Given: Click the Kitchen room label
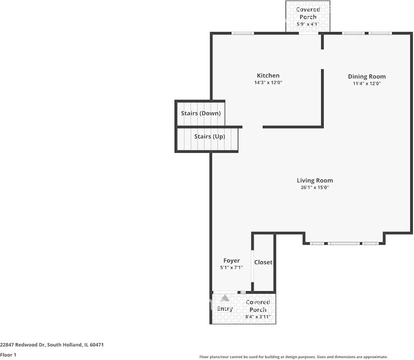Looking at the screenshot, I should (268, 76).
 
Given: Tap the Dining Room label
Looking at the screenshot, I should (367, 77).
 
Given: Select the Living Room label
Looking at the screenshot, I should (315, 181).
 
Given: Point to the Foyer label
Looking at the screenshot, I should (232, 261).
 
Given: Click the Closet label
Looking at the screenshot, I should (263, 262).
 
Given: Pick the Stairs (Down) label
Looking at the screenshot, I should (201, 113).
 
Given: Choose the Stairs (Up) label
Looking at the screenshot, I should (209, 136).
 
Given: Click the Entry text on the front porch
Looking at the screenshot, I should (225, 309).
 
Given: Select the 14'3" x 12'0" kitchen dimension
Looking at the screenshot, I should (268, 83).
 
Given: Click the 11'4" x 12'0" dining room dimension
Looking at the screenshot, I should (367, 83).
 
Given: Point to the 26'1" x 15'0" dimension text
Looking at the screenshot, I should (315, 187).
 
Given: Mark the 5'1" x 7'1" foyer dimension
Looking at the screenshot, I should (232, 268).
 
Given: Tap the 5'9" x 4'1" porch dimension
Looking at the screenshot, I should (308, 24).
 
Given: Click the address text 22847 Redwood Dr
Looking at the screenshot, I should (52, 345).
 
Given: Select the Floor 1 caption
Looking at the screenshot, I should (8, 355).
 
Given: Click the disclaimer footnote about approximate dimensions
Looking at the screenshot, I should (293, 357).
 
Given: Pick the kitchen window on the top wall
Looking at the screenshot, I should (243, 33).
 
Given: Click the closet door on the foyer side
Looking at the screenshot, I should (252, 266).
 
